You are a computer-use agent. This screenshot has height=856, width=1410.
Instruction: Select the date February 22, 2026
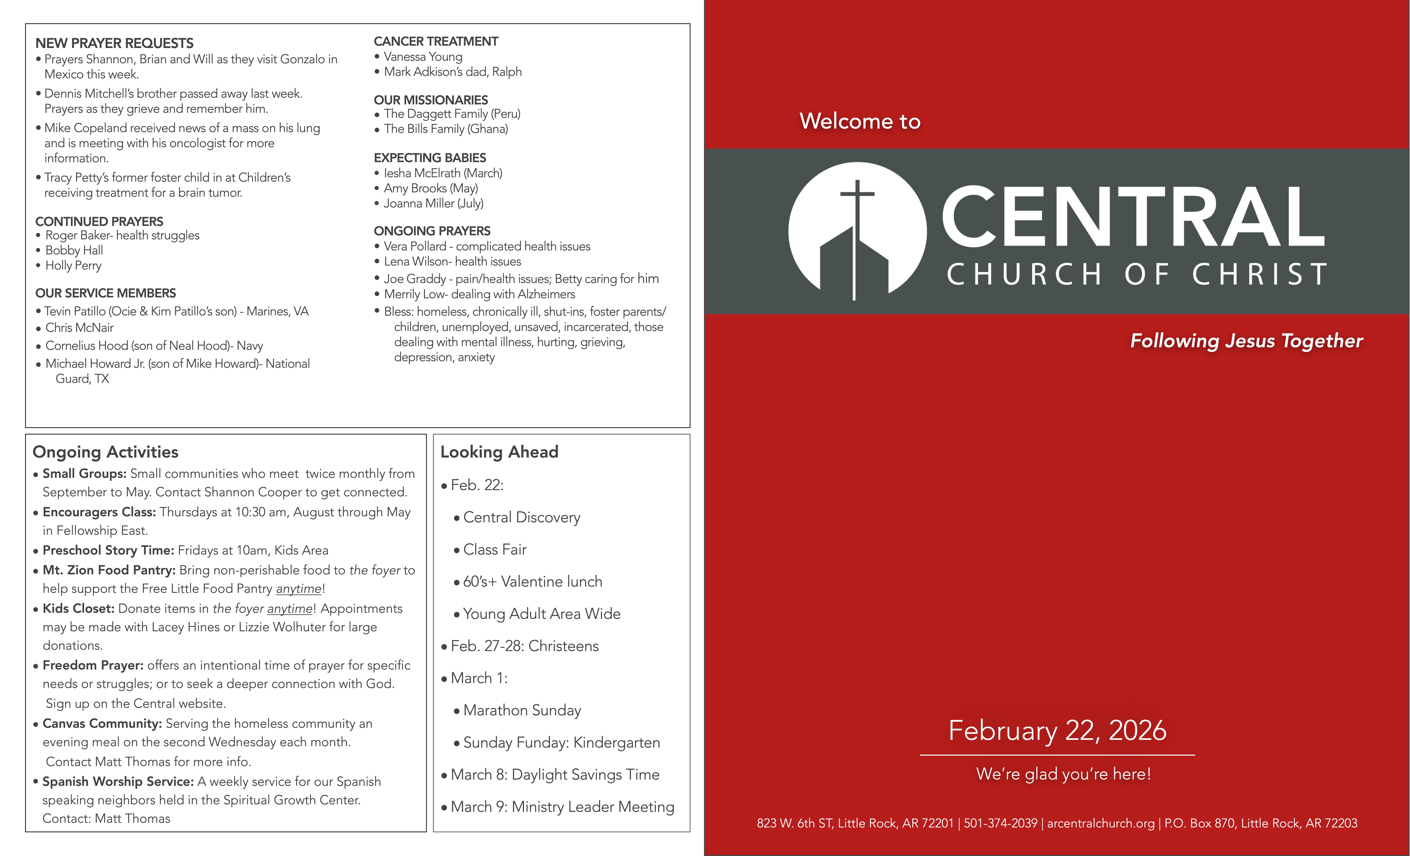point(1057,731)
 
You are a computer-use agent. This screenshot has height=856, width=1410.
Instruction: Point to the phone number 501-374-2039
point(1000,823)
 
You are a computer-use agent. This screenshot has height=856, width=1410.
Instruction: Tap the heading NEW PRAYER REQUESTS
point(114,43)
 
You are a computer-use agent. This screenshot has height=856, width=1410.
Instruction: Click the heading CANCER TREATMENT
point(435,41)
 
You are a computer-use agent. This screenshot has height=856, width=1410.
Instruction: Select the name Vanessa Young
point(423,57)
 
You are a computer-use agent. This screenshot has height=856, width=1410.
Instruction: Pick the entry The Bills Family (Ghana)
point(446,129)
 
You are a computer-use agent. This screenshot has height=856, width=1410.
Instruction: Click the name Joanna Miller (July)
point(433,203)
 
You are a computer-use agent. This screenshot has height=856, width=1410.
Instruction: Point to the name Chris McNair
point(80,328)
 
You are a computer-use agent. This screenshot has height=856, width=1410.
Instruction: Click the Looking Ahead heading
point(499,452)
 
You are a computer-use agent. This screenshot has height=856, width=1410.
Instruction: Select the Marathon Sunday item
point(522,710)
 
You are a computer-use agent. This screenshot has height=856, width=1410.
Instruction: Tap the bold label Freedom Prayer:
point(93,665)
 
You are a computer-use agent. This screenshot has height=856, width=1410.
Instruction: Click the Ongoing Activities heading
point(105,452)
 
